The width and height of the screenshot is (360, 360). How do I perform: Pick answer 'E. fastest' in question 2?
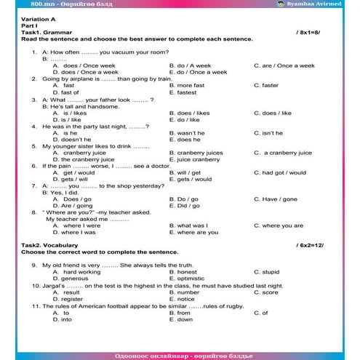point(185,92)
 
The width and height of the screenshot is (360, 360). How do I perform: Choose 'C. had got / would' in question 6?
point(280,172)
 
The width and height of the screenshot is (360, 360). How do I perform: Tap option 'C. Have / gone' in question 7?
point(276,199)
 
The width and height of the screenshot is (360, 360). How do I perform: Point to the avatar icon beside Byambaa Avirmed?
point(301,4)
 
